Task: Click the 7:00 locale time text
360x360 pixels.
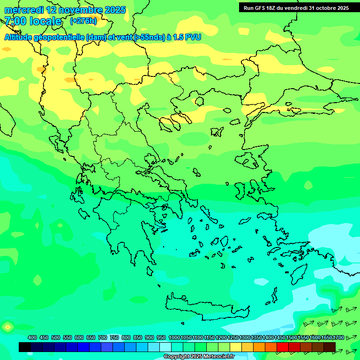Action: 33,21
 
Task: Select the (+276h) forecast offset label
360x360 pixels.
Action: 83,21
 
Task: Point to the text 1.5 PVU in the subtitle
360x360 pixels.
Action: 187,37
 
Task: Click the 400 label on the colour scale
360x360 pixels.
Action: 32,337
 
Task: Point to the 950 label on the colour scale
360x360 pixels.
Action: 161,337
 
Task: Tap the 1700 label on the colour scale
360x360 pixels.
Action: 338,337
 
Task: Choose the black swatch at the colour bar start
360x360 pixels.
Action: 25,347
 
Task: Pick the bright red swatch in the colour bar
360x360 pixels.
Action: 283,347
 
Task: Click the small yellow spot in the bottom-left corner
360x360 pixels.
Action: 7,327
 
